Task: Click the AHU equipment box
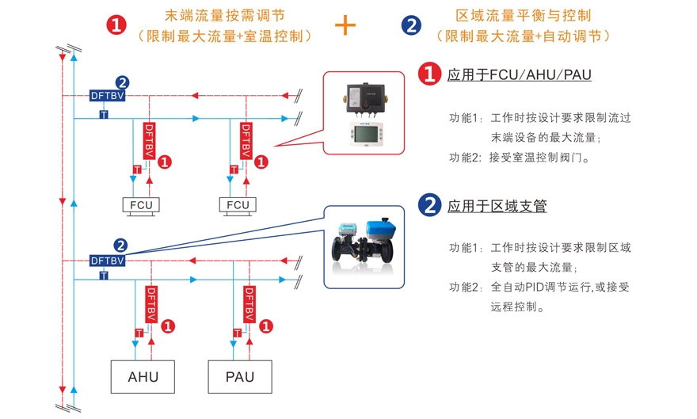[143, 377]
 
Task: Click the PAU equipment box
[241, 377]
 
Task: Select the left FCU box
[141, 205]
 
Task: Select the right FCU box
[238, 205]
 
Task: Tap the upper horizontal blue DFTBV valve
[108, 95]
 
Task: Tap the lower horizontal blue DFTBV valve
[108, 260]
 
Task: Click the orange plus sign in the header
[345, 25]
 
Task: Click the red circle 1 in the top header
[116, 25]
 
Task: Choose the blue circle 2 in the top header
[411, 25]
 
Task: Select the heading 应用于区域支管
[497, 207]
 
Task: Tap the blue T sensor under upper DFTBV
[103, 116]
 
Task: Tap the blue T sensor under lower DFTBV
[103, 276]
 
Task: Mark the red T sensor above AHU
[139, 333]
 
